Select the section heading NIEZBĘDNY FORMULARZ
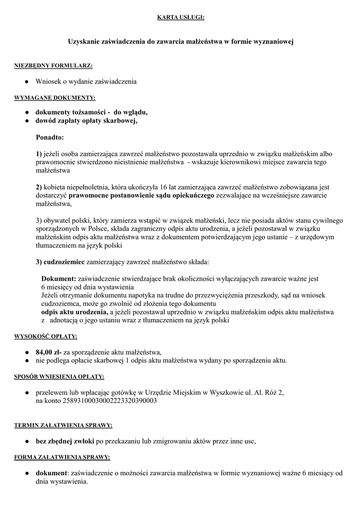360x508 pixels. pyautogui.click(x=53, y=65)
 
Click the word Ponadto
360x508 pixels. pyautogui.click(x=50, y=136)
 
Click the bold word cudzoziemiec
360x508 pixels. pyautogui.click(x=65, y=261)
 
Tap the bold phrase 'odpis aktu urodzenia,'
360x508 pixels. pyautogui.click(x=74, y=313)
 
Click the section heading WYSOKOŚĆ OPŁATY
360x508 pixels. pyautogui.click(x=45, y=337)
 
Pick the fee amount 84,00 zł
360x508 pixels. pyautogui.click(x=48, y=352)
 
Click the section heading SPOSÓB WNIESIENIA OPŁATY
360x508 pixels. pyautogui.click(x=59, y=377)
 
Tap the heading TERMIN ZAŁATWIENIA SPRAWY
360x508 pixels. pyautogui.click(x=63, y=425)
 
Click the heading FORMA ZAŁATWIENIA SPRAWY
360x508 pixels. pyautogui.click(x=62, y=457)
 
